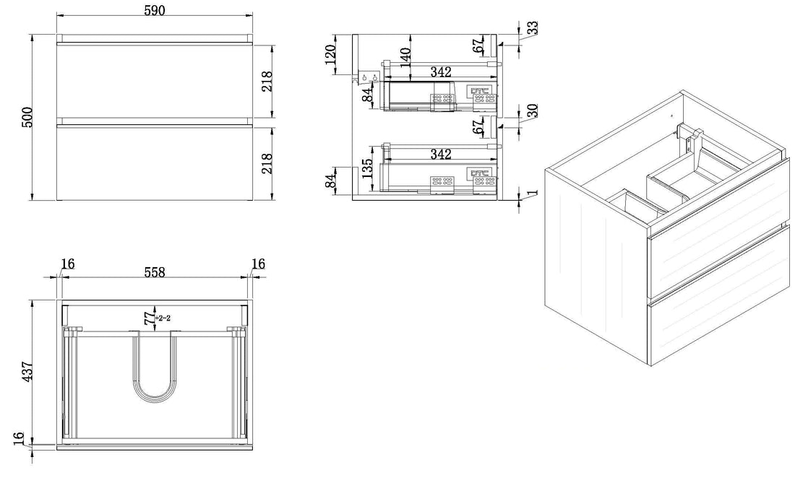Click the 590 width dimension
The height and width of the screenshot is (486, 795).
(154, 11)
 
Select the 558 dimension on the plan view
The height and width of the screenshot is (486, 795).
(154, 272)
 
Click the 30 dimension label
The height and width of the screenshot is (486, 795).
(532, 112)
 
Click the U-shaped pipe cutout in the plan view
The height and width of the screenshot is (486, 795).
(154, 368)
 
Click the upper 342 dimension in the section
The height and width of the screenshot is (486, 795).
(440, 72)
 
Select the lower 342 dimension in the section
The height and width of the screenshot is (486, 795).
(440, 155)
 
